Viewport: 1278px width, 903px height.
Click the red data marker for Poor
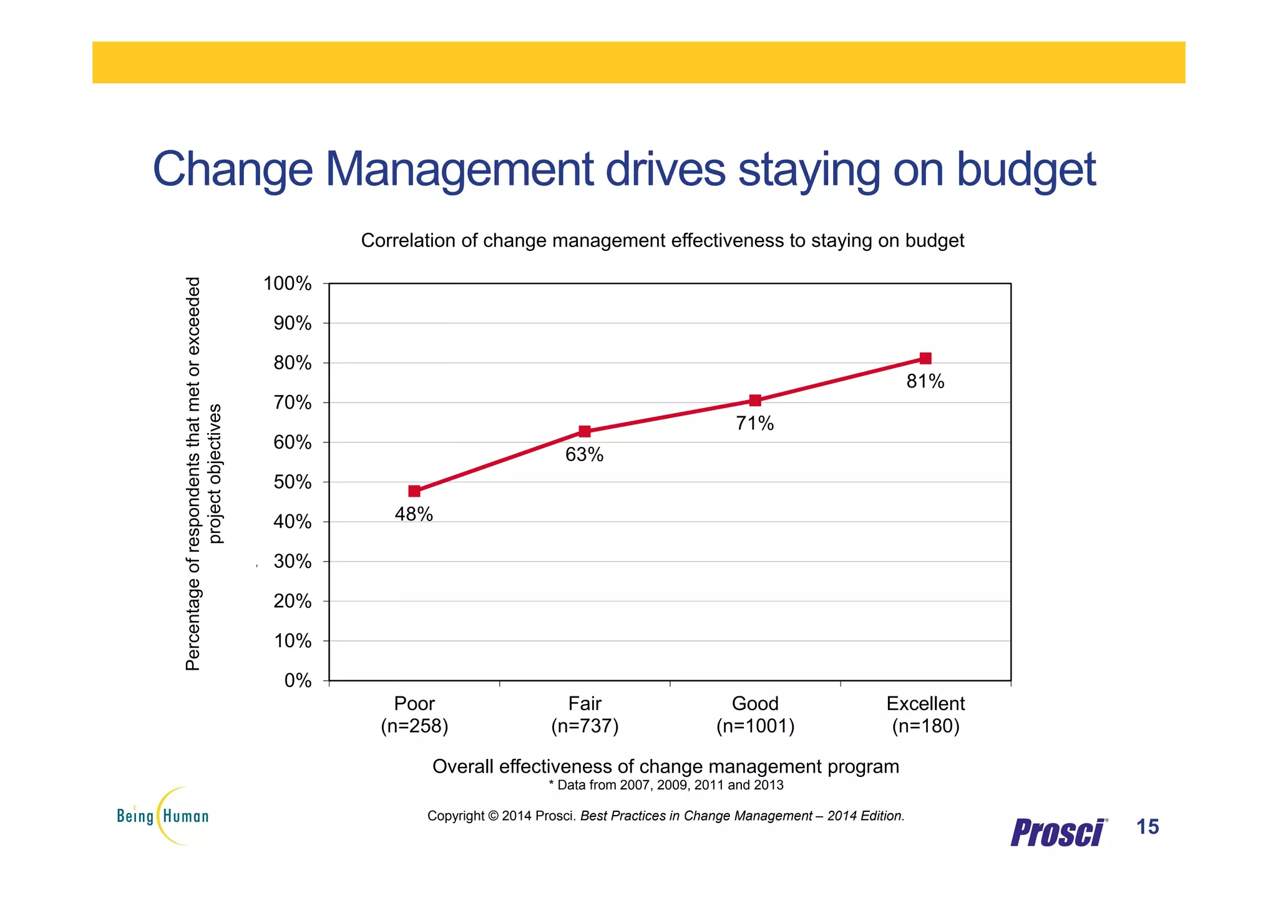[414, 491]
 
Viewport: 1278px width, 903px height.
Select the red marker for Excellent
[925, 358]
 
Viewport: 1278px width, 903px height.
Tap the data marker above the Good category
[755, 400]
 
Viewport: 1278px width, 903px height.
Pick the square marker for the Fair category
[585, 431]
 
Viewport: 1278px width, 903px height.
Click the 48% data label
[414, 514]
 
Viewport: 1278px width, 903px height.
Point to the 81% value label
[925, 381]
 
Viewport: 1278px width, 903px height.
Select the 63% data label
[584, 455]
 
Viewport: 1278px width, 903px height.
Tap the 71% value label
[754, 424]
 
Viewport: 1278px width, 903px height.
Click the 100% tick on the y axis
[288, 283]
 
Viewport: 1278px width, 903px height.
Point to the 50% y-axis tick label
[292, 482]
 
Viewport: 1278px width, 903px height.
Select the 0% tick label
[298, 680]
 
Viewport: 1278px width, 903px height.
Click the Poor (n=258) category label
[414, 715]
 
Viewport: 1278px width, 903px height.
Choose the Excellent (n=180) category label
[925, 715]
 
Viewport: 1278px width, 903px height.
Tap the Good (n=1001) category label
[755, 715]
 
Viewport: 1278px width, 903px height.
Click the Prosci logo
[1058, 832]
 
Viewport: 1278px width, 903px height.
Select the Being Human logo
[163, 816]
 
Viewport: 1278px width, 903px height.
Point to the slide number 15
[1148, 827]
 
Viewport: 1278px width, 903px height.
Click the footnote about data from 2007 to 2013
[666, 785]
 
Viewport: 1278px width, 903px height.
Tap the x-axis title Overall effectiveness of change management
[666, 766]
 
